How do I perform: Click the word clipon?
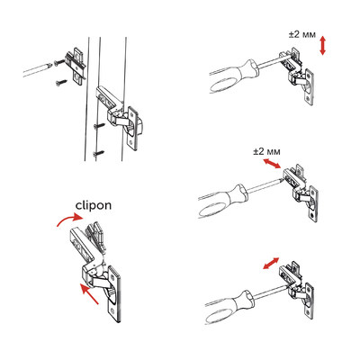click(x=94, y=205)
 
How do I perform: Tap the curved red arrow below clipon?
click(x=68, y=219)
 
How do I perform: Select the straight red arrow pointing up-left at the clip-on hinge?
click(x=89, y=293)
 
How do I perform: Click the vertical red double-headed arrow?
click(x=322, y=45)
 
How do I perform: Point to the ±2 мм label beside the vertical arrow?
click(x=302, y=35)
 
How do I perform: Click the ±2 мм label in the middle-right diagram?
click(x=266, y=152)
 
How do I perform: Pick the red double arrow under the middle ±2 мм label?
click(x=272, y=164)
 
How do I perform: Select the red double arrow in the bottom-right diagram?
click(x=271, y=263)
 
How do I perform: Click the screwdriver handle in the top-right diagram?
click(x=233, y=76)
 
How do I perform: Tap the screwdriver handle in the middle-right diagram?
click(x=222, y=201)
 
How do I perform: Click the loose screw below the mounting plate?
click(x=61, y=83)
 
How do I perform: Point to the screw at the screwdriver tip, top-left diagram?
click(x=58, y=62)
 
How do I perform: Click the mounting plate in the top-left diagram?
click(x=76, y=67)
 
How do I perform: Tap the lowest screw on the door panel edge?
click(x=99, y=154)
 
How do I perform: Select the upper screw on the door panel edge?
click(x=99, y=126)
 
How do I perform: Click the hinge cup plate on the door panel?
click(x=134, y=128)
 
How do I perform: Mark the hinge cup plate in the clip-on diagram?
click(x=115, y=293)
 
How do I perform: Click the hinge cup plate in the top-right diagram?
click(x=310, y=87)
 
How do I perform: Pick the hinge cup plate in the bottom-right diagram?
click(x=310, y=301)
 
